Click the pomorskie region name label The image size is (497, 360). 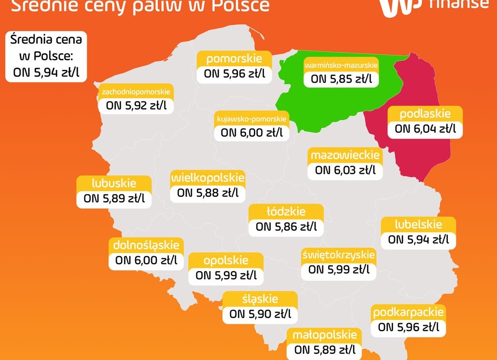234,59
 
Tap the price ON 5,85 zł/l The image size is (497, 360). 341,79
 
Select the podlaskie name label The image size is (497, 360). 425,114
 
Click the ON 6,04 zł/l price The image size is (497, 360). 425,129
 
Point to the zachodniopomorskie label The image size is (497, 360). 136,91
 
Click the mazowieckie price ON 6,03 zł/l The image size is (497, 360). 345,170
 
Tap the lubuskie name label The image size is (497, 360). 114,183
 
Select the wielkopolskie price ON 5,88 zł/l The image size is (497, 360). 207,193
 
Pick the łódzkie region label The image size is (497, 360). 286,211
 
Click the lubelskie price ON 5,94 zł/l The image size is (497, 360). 418,239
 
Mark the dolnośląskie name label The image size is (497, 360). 146,245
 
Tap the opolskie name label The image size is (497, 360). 226,261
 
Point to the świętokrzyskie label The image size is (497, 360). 338,254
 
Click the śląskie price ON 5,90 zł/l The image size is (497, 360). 260,314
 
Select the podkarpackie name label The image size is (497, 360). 408,313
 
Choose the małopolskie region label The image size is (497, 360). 324,335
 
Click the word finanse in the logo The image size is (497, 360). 458,4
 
